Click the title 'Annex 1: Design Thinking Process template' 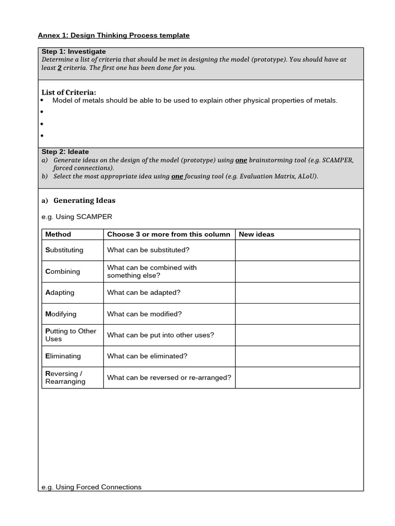coord(114,35)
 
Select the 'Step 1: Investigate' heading coord(74,51)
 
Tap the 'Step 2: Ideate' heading coord(65,152)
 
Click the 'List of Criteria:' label coord(69,92)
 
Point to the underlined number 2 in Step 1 coord(60,68)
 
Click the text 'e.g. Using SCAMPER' coord(76,216)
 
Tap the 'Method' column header coord(58,234)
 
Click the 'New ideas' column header coord(257,234)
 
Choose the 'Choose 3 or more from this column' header coord(169,234)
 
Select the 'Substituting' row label coord(64,250)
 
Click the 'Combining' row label coord(63,271)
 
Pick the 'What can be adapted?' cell coord(143,292)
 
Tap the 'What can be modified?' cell coord(145,314)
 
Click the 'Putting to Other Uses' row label coord(70,335)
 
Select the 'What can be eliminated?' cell coord(147,356)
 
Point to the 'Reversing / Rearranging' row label coord(65,378)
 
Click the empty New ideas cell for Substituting coord(297,250)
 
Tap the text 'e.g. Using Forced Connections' coord(91,487)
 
